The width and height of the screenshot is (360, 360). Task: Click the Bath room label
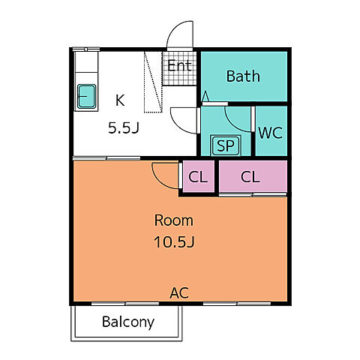[243, 76]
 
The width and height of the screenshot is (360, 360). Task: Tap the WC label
[271, 133]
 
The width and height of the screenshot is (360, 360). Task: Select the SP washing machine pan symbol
[226, 145]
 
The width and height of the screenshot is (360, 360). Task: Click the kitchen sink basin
[86, 96]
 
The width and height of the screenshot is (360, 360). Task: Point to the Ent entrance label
[179, 65]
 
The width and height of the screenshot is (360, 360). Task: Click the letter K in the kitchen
[120, 100]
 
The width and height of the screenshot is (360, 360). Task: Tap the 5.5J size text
[124, 128]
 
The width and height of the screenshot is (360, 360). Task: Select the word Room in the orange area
[174, 220]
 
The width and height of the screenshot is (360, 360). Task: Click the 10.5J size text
[174, 242]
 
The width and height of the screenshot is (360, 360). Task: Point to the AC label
[179, 292]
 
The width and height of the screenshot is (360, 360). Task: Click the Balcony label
[128, 322]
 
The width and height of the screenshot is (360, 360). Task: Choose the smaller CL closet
[198, 177]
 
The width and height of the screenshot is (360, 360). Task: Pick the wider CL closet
[253, 176]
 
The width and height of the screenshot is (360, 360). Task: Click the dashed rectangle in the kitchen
[153, 82]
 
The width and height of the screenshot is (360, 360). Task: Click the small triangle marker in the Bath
[205, 97]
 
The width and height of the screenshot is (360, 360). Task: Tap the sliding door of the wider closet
[253, 194]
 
